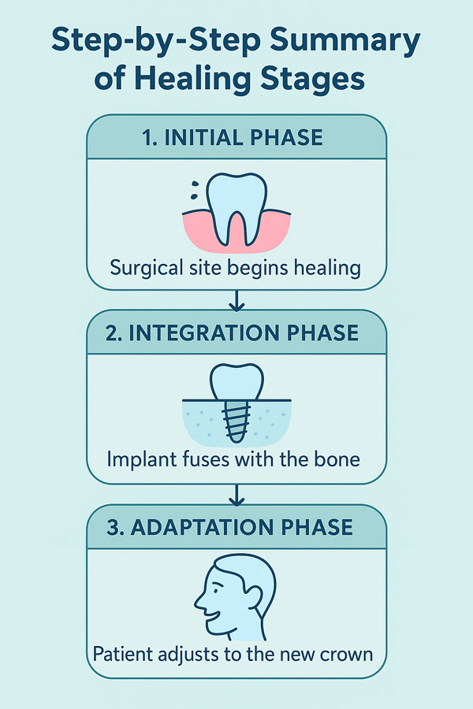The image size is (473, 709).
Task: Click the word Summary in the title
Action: pyautogui.click(x=345, y=42)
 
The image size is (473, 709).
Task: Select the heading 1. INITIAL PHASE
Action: pyautogui.click(x=233, y=137)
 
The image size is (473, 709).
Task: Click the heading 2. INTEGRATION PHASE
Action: pyautogui.click(x=233, y=332)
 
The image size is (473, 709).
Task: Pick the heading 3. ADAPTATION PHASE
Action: pyautogui.click(x=230, y=527)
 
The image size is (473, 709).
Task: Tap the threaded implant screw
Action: pyautogui.click(x=236, y=421)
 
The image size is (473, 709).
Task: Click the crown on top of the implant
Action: pyautogui.click(x=236, y=382)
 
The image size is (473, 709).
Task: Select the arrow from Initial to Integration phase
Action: pyautogui.click(x=236, y=301)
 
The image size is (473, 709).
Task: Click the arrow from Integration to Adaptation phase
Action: pyautogui.click(x=236, y=496)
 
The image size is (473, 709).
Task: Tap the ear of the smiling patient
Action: pyautogui.click(x=254, y=597)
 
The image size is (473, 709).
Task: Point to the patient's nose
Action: pyautogui.click(x=200, y=600)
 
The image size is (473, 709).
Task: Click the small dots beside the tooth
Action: pyautogui.click(x=195, y=190)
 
